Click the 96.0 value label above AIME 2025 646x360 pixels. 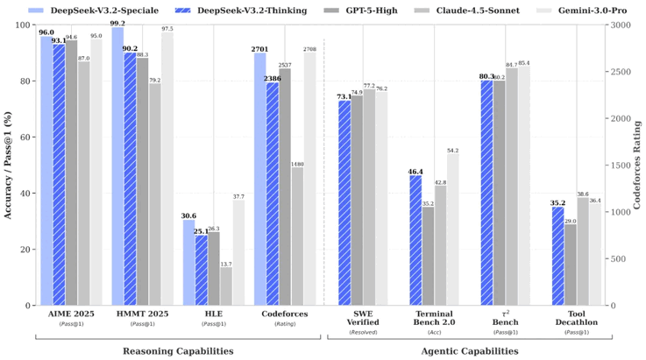point(46,32)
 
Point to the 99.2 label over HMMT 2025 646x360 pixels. point(117,24)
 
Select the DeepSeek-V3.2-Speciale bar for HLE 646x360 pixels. point(188,263)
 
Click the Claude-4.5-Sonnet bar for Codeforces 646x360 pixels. point(297,236)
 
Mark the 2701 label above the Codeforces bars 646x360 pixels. point(260,49)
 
